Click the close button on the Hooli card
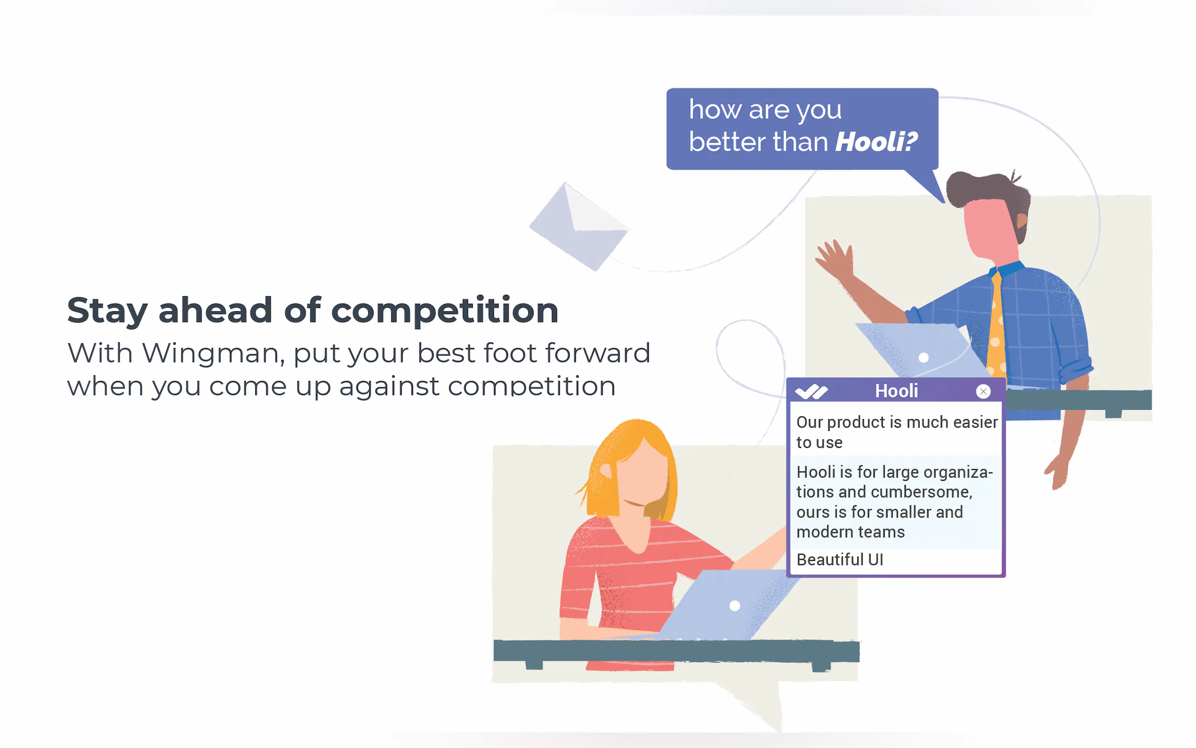point(983,391)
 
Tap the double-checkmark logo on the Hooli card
point(811,392)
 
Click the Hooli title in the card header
point(897,391)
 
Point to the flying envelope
point(579,227)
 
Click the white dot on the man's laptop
point(923,358)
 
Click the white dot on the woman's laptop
point(735,606)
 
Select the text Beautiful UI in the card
point(840,560)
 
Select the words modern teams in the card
point(850,532)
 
